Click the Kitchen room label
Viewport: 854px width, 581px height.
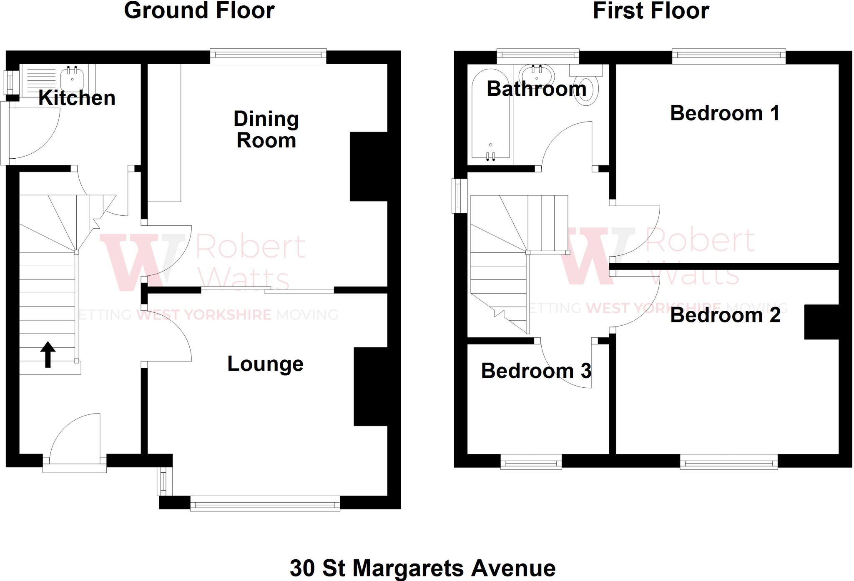pos(77,98)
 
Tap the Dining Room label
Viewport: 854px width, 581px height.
pos(266,130)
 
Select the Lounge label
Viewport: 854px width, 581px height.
pos(265,364)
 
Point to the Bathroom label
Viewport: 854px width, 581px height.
pos(536,89)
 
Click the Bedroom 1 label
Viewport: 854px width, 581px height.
pos(725,113)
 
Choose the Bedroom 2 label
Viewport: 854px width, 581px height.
pos(725,315)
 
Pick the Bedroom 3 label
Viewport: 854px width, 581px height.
pos(536,371)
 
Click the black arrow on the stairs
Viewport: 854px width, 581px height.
pos(48,354)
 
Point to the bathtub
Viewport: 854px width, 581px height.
pos(490,114)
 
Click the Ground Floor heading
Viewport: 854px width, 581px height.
pos(199,10)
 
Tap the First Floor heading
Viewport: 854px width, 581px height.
pos(651,10)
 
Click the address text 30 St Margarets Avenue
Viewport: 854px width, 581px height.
pos(422,568)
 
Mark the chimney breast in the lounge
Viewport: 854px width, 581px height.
pos(371,387)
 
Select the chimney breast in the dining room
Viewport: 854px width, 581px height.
pos(369,167)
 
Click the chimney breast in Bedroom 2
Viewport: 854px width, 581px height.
pos(821,322)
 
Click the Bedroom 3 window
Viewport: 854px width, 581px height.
pos(531,462)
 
